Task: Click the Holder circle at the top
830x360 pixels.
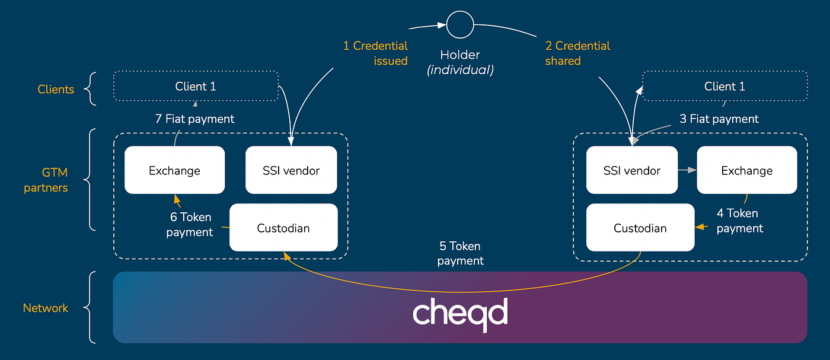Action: point(460,26)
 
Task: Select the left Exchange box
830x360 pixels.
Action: point(174,170)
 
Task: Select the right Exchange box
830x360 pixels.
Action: point(746,170)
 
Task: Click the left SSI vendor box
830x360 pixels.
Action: point(291,170)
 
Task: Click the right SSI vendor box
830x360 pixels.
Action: point(631,170)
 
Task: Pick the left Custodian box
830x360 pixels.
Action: point(283,228)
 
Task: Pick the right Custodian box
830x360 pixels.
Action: point(640,228)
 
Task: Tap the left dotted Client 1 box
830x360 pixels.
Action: point(196,87)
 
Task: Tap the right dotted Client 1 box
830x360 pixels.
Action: point(724,87)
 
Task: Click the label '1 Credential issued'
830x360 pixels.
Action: point(376,53)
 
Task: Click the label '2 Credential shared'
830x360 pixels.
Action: point(577,53)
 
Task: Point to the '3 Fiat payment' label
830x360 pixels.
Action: point(719,119)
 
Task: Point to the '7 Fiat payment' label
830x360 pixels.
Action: point(195,119)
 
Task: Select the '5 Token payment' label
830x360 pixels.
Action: point(460,253)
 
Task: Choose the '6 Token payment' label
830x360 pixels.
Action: point(190,225)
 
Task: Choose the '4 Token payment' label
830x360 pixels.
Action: point(739,221)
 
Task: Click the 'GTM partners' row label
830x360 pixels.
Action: point(46,180)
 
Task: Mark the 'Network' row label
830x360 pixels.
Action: point(46,308)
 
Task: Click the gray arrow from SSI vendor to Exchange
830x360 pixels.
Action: point(687,170)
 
